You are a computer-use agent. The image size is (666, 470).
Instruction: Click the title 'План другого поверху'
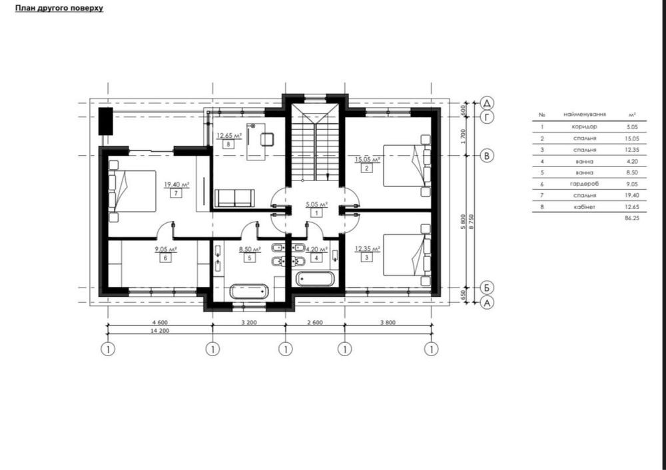pos(59,8)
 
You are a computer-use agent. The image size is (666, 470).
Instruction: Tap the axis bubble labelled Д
pos(488,103)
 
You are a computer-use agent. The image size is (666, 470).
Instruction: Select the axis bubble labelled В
pos(488,155)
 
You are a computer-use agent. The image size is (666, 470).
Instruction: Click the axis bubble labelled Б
pos(488,288)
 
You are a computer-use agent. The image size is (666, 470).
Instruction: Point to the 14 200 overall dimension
pos(160,331)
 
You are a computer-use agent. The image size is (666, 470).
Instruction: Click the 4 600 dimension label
pos(160,322)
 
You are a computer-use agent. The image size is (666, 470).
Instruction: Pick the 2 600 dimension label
pos(314,322)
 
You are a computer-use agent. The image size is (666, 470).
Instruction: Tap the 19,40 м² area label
pos(176,184)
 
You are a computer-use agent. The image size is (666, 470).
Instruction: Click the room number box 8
pos(228,144)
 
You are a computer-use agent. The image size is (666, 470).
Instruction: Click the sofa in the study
pos(234,198)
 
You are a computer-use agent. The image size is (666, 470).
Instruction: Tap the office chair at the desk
pos(267,139)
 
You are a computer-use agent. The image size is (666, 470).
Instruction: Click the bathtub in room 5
pos(249,292)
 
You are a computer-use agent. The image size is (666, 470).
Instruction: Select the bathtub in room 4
pos(315,278)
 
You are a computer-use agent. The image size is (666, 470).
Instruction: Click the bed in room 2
pos(407,166)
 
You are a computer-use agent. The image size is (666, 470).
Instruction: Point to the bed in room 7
pos(132,192)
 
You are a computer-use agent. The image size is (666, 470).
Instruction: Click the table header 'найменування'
pos(585,115)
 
